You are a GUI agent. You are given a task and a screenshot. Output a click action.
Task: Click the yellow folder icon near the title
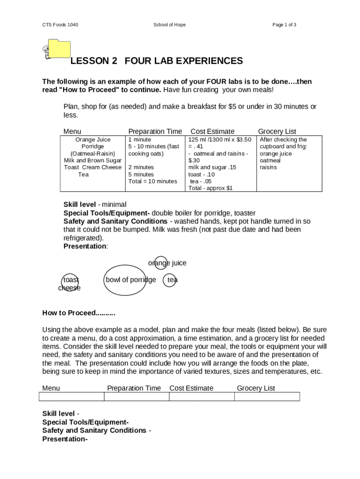tap(59, 49)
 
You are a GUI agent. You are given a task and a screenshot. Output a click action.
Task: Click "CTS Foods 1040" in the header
tap(60, 25)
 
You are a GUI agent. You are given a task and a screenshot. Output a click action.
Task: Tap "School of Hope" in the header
tap(169, 25)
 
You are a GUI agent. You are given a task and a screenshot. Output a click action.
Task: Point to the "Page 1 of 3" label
tap(284, 25)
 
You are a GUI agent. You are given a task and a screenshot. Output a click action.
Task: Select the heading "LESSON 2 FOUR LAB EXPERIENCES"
tap(157, 61)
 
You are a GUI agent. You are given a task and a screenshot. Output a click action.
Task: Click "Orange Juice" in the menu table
tap(93, 139)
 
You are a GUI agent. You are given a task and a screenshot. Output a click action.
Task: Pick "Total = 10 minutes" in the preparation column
tap(153, 181)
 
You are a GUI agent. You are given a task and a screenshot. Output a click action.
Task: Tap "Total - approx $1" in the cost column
tap(210, 188)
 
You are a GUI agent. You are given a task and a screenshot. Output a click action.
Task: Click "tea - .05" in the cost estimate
tap(201, 181)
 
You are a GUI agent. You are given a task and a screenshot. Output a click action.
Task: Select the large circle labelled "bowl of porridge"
tap(125, 280)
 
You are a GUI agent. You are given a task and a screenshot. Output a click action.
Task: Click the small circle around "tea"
tap(170, 280)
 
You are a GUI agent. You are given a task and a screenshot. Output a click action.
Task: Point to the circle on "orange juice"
tap(160, 263)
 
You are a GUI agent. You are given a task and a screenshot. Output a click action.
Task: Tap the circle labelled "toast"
tap(70, 280)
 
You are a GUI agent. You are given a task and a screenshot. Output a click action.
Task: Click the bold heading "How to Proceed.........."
tap(79, 313)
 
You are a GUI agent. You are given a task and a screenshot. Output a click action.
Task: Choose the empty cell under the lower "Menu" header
tap(72, 397)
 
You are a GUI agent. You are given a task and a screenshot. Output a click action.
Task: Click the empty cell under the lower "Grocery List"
tap(267, 397)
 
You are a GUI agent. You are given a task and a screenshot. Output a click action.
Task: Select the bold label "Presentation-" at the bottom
tap(65, 439)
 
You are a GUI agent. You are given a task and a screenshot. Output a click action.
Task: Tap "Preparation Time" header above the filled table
tap(155, 131)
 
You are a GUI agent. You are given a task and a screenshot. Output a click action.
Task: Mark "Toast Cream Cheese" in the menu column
tap(93, 167)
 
